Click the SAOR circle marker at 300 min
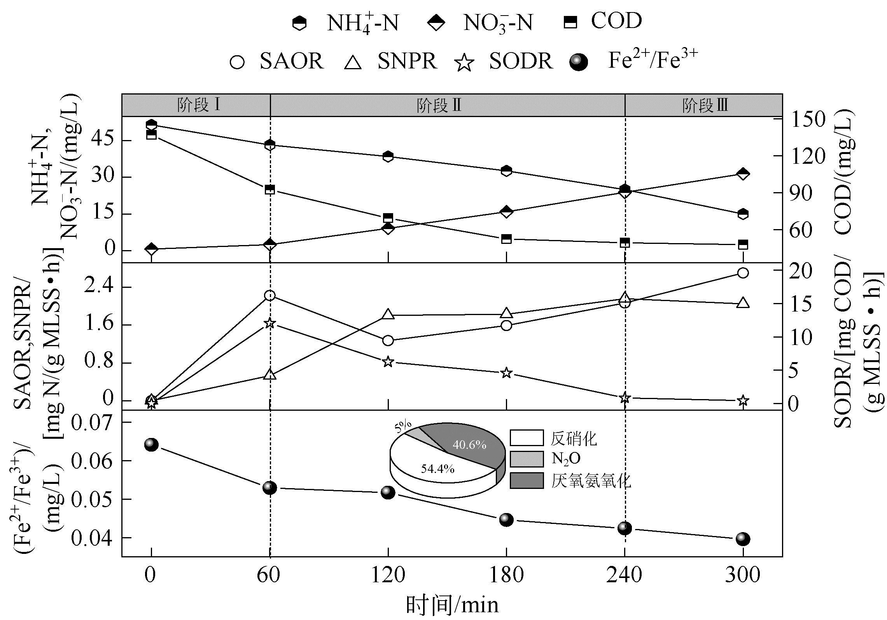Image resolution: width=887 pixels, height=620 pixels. tap(743, 273)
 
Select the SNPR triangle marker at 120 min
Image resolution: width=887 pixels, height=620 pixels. tap(388, 314)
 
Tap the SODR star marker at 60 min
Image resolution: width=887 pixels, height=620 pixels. tap(270, 323)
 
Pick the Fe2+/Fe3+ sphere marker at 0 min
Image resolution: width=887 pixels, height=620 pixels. tap(151, 445)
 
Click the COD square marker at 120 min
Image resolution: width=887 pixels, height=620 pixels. tap(388, 218)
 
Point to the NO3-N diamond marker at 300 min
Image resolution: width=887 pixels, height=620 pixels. tap(743, 174)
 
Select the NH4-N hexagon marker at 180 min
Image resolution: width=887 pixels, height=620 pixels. tap(506, 170)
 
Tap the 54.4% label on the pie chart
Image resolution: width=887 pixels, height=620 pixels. tap(437, 469)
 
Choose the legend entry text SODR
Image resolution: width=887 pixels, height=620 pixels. tap(521, 61)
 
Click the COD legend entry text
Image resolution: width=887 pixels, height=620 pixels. tap(616, 21)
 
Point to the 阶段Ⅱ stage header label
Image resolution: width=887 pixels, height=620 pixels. tap(439, 105)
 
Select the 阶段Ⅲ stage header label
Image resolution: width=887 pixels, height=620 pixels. tap(705, 105)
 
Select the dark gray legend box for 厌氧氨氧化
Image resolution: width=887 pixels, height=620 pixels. tap(527, 480)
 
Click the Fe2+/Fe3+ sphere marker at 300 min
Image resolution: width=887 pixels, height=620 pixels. tap(743, 539)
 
